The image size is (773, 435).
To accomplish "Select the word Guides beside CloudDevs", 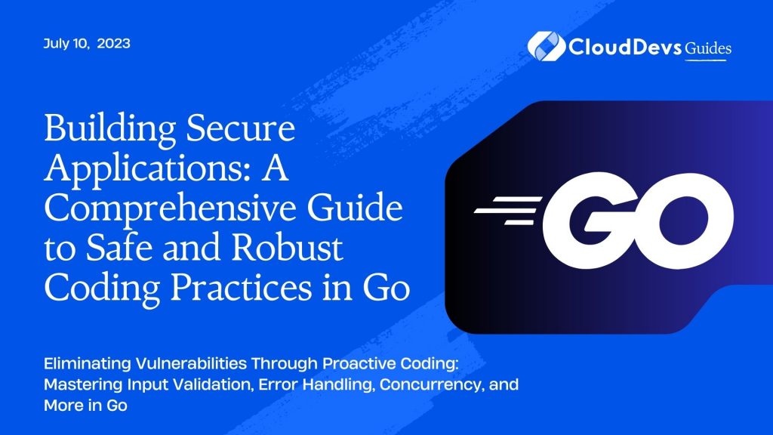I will tap(708, 48).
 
